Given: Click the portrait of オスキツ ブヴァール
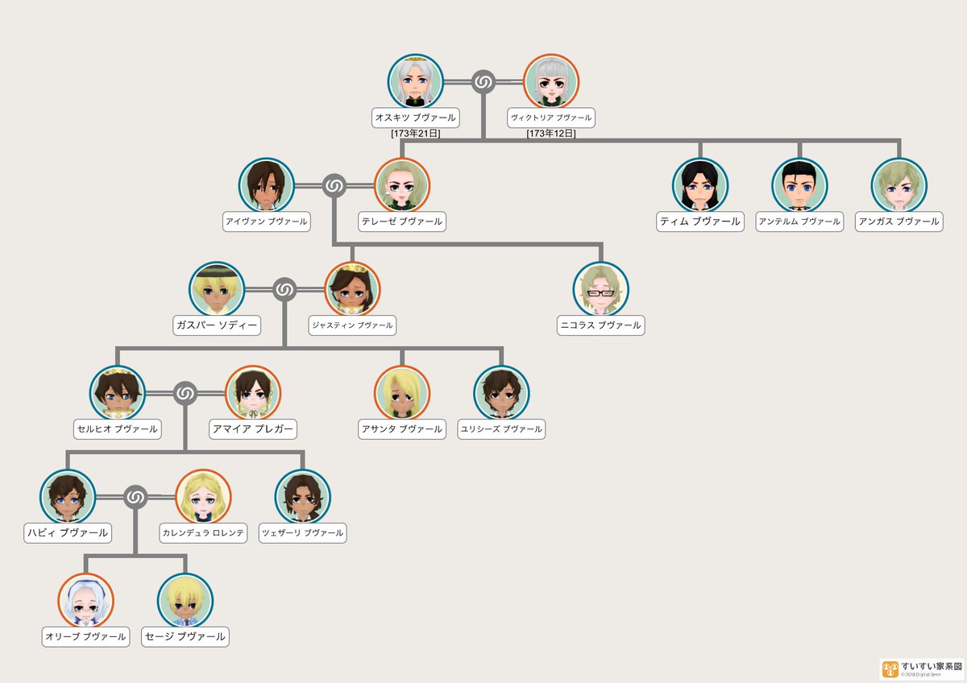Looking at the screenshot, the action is [416, 82].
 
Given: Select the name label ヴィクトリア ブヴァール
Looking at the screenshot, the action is [551, 118].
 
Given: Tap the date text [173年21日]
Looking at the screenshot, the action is [416, 134].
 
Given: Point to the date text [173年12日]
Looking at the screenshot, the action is [551, 134].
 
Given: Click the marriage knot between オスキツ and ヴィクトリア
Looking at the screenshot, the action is [483, 82].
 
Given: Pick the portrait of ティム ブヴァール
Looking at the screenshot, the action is [699, 186].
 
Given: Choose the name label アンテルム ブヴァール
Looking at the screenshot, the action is [799, 221].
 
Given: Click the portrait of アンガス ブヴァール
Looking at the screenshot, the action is [899, 186].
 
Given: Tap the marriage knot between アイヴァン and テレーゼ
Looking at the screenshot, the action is [334, 186].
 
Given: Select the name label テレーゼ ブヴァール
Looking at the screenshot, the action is [401, 221].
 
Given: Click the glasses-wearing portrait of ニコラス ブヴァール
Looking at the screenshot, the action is [600, 290].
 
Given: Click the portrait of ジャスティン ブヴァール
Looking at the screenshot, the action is [352, 290].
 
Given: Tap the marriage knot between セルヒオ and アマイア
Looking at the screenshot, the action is [185, 393].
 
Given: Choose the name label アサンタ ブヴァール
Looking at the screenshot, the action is [401, 429].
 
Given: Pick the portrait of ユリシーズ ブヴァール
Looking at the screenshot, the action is [501, 393].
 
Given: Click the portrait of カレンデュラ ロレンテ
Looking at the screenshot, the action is [203, 497].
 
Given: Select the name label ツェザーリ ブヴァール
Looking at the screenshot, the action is [302, 532].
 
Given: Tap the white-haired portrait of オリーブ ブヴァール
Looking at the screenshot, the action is [85, 601].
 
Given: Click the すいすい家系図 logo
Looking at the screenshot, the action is [922, 669].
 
